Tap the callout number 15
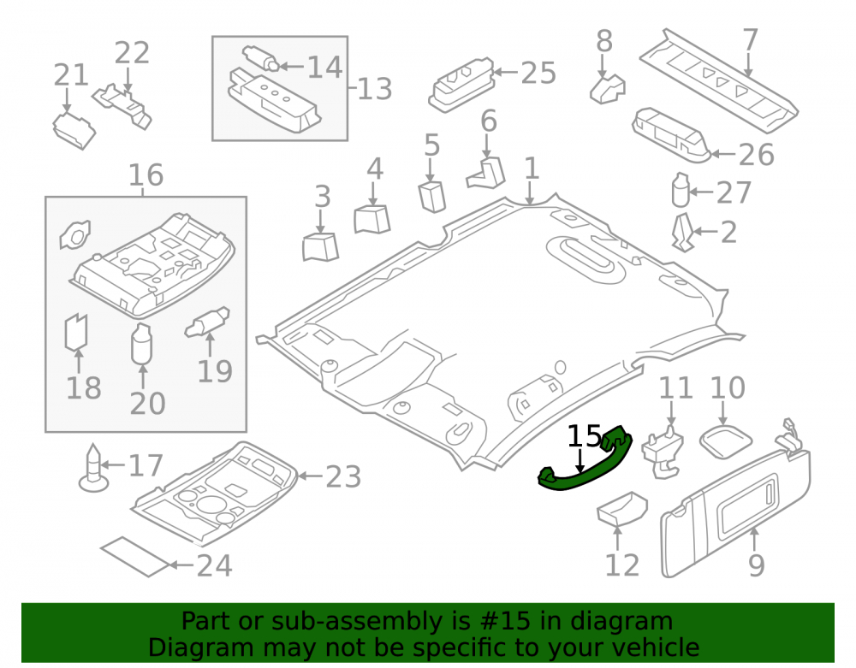click(584, 437)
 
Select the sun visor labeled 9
click(735, 512)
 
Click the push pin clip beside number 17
click(93, 468)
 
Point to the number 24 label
click(215, 565)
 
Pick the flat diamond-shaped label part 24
click(135, 556)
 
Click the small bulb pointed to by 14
click(260, 58)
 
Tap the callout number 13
click(375, 89)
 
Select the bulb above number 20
click(141, 344)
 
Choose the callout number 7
click(750, 40)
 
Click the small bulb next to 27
click(681, 190)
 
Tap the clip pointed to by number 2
click(682, 233)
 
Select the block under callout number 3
click(320, 247)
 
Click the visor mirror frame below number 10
click(726, 441)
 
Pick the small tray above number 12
click(621, 509)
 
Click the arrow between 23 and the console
click(311, 476)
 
